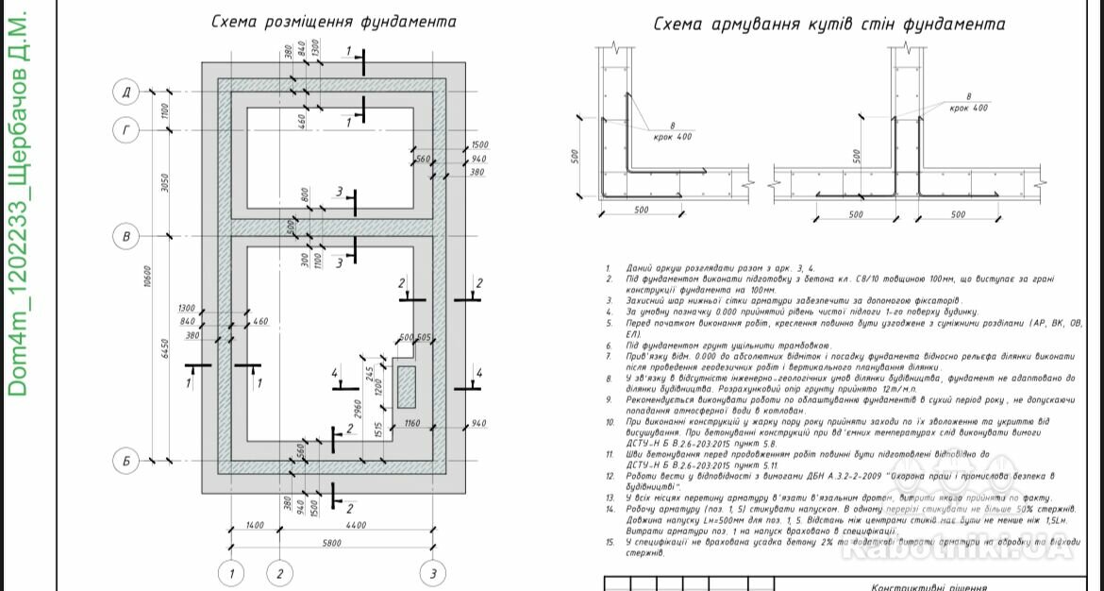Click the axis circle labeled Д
click(x=126, y=92)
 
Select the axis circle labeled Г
click(x=126, y=131)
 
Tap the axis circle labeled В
click(x=126, y=235)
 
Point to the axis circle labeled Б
click(x=126, y=462)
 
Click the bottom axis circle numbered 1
click(x=231, y=572)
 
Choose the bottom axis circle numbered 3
click(x=432, y=572)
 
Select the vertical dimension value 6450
click(x=166, y=347)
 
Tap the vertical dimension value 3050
click(x=166, y=183)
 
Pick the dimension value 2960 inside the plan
click(x=360, y=409)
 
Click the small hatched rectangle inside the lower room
click(x=407, y=386)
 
